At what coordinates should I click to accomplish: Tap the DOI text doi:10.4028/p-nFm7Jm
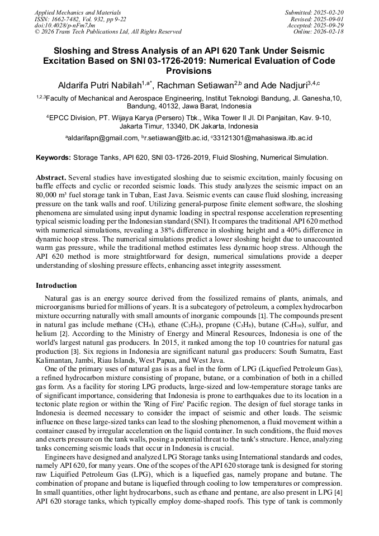[x=65, y=26]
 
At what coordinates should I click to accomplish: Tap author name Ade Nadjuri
[x=284, y=86]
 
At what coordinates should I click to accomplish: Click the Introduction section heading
[x=56, y=286]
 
